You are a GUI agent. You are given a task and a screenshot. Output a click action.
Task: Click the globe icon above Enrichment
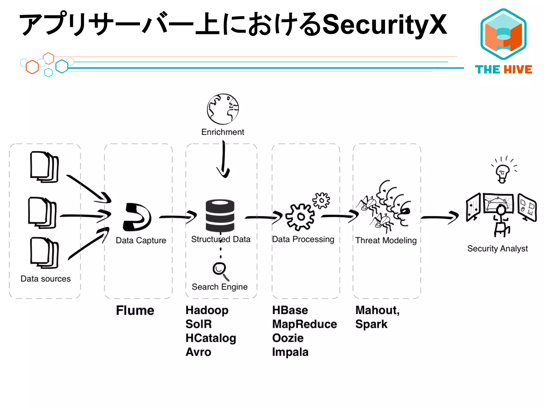coord(223,109)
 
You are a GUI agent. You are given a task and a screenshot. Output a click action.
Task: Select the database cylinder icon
coord(220,216)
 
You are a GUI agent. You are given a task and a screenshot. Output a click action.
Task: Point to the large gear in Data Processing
coord(300,217)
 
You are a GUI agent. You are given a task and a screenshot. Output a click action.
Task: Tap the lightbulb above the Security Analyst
coord(503,173)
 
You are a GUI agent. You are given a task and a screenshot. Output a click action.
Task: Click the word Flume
coord(135,311)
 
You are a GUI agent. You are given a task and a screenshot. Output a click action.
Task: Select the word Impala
coord(290,352)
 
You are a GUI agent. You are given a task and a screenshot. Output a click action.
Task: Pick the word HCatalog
coord(211,338)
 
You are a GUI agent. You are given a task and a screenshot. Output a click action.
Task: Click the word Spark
coord(371,324)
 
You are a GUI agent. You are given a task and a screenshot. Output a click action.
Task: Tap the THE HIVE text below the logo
coord(503,70)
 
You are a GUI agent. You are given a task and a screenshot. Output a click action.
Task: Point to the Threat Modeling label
coord(386,240)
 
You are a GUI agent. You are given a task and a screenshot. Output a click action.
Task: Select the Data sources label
coord(46,279)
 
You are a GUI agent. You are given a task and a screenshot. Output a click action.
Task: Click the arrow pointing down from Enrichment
coord(223,159)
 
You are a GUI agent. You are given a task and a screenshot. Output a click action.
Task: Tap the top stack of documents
coord(44,167)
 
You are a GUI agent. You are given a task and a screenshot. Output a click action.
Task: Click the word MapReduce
coord(304,324)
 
